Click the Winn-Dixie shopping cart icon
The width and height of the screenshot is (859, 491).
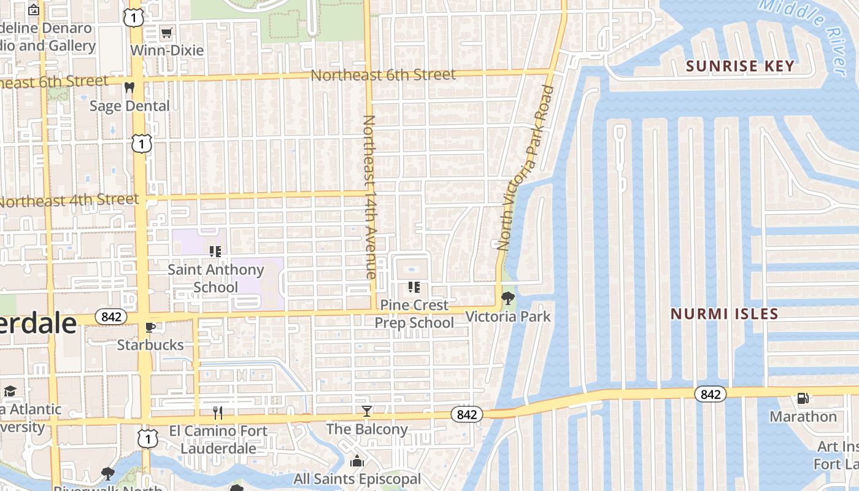click(166, 33)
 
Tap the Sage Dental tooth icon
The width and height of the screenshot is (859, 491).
click(129, 88)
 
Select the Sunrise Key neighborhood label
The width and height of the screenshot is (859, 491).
click(740, 66)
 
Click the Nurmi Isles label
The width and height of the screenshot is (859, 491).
click(724, 314)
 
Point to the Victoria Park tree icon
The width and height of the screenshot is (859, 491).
click(507, 299)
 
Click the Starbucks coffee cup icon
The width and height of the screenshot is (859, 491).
click(150, 327)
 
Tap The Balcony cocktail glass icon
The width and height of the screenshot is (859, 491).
click(366, 411)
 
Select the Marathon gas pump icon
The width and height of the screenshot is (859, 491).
click(803, 398)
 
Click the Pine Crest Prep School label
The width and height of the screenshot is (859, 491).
click(414, 314)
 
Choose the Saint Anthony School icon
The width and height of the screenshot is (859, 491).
click(215, 251)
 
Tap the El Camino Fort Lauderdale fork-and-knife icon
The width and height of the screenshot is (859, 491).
click(217, 412)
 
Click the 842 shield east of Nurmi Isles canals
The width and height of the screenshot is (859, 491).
click(711, 394)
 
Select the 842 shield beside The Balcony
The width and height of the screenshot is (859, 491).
click(467, 415)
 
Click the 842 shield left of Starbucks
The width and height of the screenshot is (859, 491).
click(111, 317)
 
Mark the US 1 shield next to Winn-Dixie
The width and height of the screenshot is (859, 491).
click(133, 18)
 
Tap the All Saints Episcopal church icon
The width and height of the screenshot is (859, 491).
click(357, 461)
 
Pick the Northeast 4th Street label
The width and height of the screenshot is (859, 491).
click(69, 201)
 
